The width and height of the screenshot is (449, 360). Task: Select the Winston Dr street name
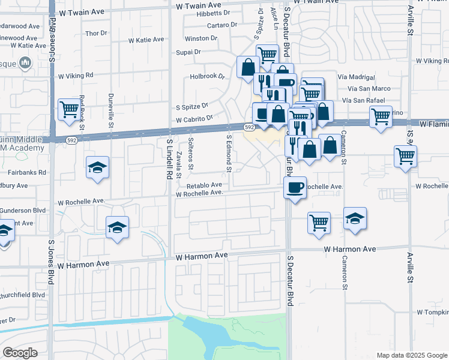tap(205, 38)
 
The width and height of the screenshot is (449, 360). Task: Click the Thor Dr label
tap(96, 34)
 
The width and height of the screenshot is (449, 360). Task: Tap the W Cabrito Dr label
tap(194, 119)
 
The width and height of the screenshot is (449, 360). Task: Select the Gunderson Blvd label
tap(23, 211)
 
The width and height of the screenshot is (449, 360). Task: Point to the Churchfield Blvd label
tap(23, 295)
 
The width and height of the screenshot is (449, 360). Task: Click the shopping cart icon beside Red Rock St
tap(70, 110)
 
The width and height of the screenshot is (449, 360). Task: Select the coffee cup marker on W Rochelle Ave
tap(295, 188)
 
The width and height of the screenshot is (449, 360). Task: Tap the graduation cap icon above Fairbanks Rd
tap(98, 168)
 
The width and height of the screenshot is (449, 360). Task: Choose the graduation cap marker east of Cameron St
tap(356, 219)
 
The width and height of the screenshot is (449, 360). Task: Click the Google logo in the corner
tap(20, 353)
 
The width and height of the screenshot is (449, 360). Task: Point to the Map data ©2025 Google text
tap(411, 355)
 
